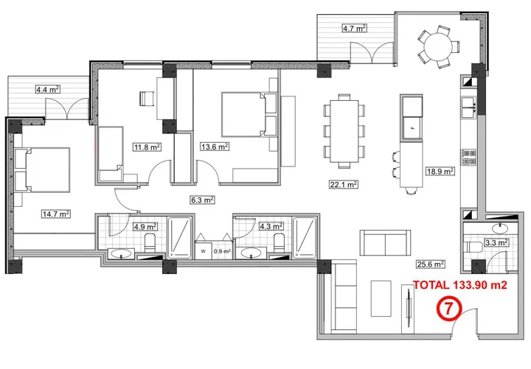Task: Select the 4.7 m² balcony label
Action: (x=354, y=29)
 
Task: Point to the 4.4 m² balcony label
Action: (x=47, y=89)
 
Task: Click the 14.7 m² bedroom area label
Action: (x=55, y=214)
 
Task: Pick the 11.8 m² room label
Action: (x=146, y=147)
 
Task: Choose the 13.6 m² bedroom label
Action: (x=215, y=147)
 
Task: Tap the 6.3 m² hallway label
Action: (x=201, y=199)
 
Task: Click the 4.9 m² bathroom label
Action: (x=140, y=227)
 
